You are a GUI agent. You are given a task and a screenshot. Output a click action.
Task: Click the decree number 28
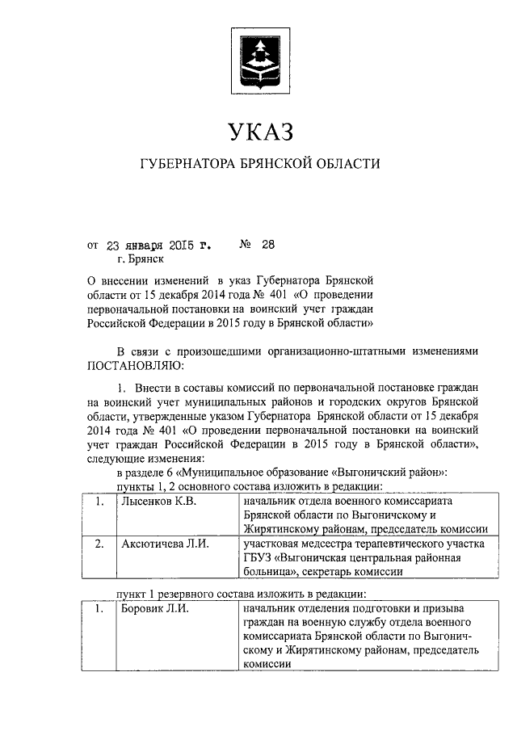(x=268, y=242)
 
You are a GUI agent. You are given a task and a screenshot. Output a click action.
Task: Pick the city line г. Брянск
(x=140, y=258)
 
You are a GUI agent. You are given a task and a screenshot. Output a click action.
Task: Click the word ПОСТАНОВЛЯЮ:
(x=133, y=365)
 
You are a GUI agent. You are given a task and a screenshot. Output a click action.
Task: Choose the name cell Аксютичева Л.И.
(x=164, y=544)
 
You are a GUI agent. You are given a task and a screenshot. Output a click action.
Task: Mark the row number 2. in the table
(x=99, y=544)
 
